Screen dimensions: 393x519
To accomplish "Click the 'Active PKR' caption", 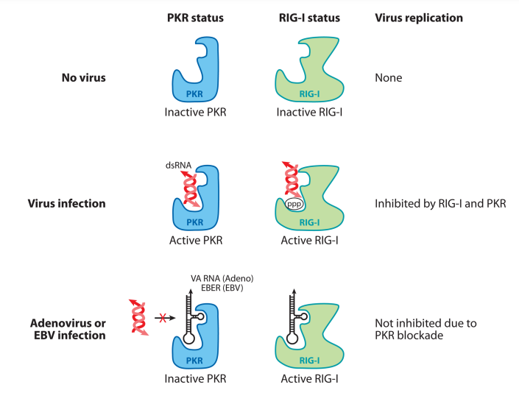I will [195, 240].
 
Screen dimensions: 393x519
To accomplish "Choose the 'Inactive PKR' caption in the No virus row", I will [196, 113].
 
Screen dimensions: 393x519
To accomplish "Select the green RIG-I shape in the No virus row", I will [309, 81].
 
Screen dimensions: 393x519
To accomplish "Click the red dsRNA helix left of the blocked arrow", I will [135, 316].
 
